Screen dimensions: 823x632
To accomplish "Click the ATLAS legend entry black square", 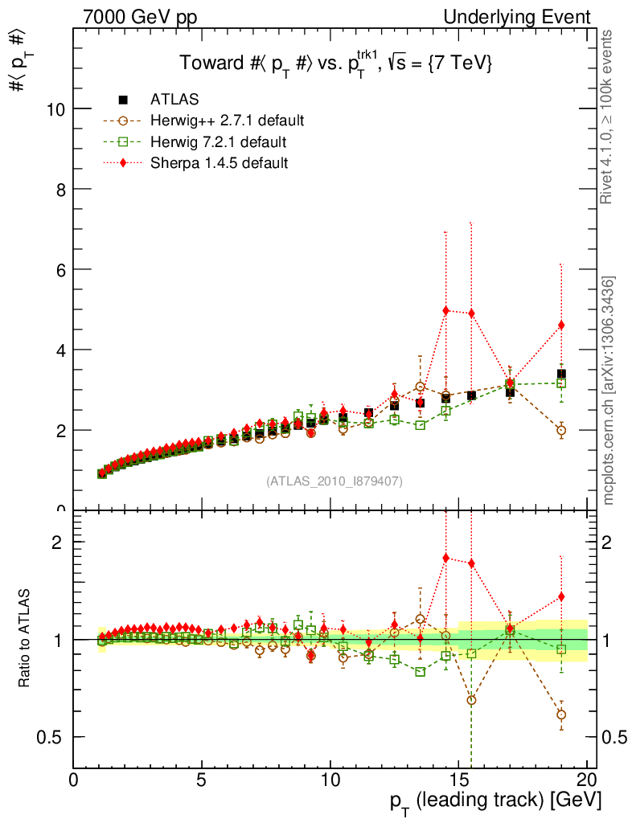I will (123, 100).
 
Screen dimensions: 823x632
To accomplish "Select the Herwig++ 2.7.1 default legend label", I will (227, 121).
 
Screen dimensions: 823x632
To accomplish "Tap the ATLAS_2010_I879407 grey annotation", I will (334, 481).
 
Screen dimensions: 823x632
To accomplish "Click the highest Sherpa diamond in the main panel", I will (445, 310).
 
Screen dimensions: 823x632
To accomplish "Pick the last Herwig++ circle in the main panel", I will (561, 430).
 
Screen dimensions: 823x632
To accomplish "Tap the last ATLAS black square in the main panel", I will (561, 374).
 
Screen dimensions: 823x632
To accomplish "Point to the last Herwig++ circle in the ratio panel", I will (561, 714).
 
